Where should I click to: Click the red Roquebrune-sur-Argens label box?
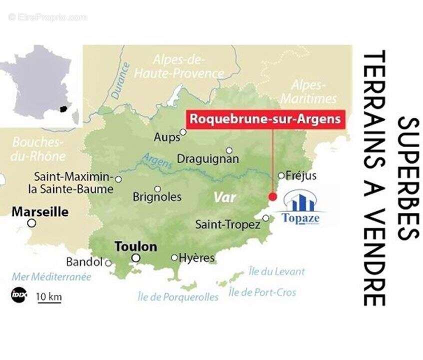click(265, 119)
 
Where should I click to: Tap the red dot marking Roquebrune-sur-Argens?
click(272, 196)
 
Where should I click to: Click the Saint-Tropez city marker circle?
click(266, 218)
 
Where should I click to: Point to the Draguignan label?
click(207, 160)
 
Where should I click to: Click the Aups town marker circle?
click(183, 132)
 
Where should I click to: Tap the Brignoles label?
click(157, 197)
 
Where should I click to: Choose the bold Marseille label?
click(40, 211)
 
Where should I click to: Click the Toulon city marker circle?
click(135, 258)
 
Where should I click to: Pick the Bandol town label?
click(84, 262)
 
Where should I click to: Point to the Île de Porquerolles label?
click(178, 297)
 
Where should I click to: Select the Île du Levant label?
click(276, 272)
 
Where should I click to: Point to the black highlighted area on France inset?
click(62, 108)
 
